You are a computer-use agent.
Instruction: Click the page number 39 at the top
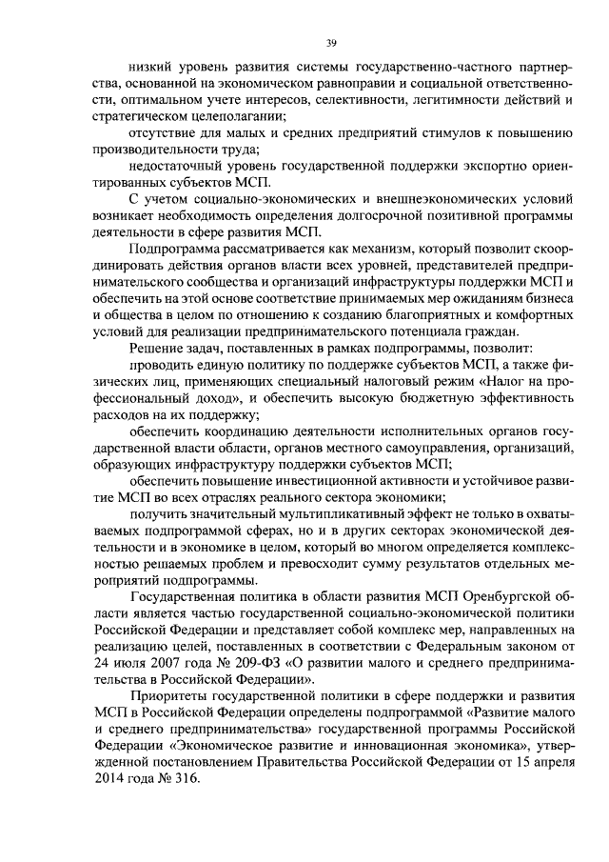click(x=331, y=42)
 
